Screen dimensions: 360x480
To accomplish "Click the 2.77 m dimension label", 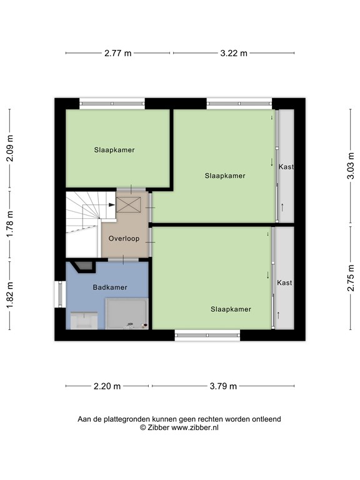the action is tap(118, 53).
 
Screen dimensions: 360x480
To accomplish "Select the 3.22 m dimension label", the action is tap(234, 53).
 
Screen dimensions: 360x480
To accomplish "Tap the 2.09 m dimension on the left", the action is tap(10, 148).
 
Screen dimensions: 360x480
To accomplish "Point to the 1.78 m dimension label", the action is tap(10, 224).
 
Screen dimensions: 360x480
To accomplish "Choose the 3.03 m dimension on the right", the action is tap(351, 166).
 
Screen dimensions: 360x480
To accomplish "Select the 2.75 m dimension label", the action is tap(351, 278).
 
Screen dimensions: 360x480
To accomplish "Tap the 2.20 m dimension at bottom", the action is tap(107, 386).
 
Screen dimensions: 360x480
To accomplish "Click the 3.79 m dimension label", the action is tap(223, 386).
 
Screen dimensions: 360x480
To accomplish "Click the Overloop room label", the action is tap(124, 239).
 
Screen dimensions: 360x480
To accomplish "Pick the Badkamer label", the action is tap(110, 287).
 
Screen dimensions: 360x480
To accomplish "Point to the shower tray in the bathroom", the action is tap(127, 314).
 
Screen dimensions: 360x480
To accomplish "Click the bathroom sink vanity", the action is tap(84, 321).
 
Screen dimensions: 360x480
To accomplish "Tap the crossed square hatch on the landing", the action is tap(129, 205).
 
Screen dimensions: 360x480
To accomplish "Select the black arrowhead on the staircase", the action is tap(112, 205).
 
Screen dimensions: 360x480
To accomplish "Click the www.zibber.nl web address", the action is tap(195, 427).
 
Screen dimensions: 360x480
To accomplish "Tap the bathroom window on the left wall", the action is tap(60, 294).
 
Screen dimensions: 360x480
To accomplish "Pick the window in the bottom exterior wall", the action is tap(207, 335).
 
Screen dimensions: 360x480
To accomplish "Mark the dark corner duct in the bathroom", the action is tap(82, 266).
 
